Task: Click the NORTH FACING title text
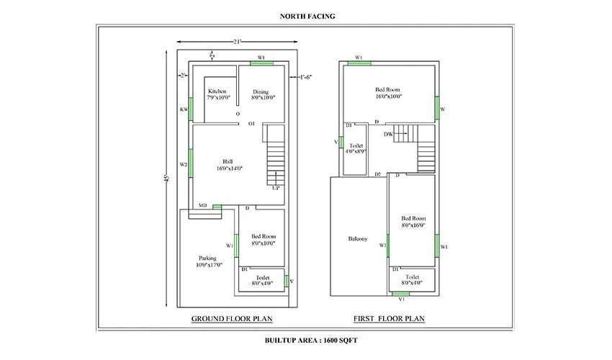[306, 14]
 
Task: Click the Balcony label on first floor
[357, 239]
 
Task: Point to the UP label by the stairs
[275, 188]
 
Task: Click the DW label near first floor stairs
[388, 134]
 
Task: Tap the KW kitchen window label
[184, 109]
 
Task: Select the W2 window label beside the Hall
[184, 164]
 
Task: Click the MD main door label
[202, 206]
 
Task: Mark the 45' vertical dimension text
[166, 178]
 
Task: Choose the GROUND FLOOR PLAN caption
[232, 318]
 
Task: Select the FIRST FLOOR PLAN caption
[389, 318]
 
